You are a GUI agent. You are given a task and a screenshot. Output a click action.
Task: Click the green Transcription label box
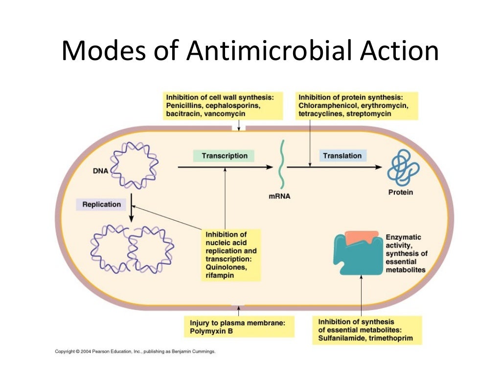224,156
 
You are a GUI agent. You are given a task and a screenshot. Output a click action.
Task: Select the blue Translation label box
342,156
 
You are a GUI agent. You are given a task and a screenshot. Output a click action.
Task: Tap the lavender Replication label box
101,204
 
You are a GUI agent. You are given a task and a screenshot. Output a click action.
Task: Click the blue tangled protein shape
402,167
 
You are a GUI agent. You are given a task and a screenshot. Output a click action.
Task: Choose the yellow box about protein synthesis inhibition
356,105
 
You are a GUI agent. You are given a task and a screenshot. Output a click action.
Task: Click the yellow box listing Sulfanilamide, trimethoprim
367,330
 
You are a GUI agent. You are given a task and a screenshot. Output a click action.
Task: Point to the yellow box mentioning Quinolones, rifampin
231,255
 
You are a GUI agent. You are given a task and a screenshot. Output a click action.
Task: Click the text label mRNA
279,197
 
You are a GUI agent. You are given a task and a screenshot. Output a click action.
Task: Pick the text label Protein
400,192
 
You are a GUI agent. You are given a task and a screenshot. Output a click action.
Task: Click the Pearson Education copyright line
135,351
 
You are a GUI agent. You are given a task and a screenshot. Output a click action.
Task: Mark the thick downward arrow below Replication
131,214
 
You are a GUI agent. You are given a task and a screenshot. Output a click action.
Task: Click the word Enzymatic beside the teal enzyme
403,237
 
